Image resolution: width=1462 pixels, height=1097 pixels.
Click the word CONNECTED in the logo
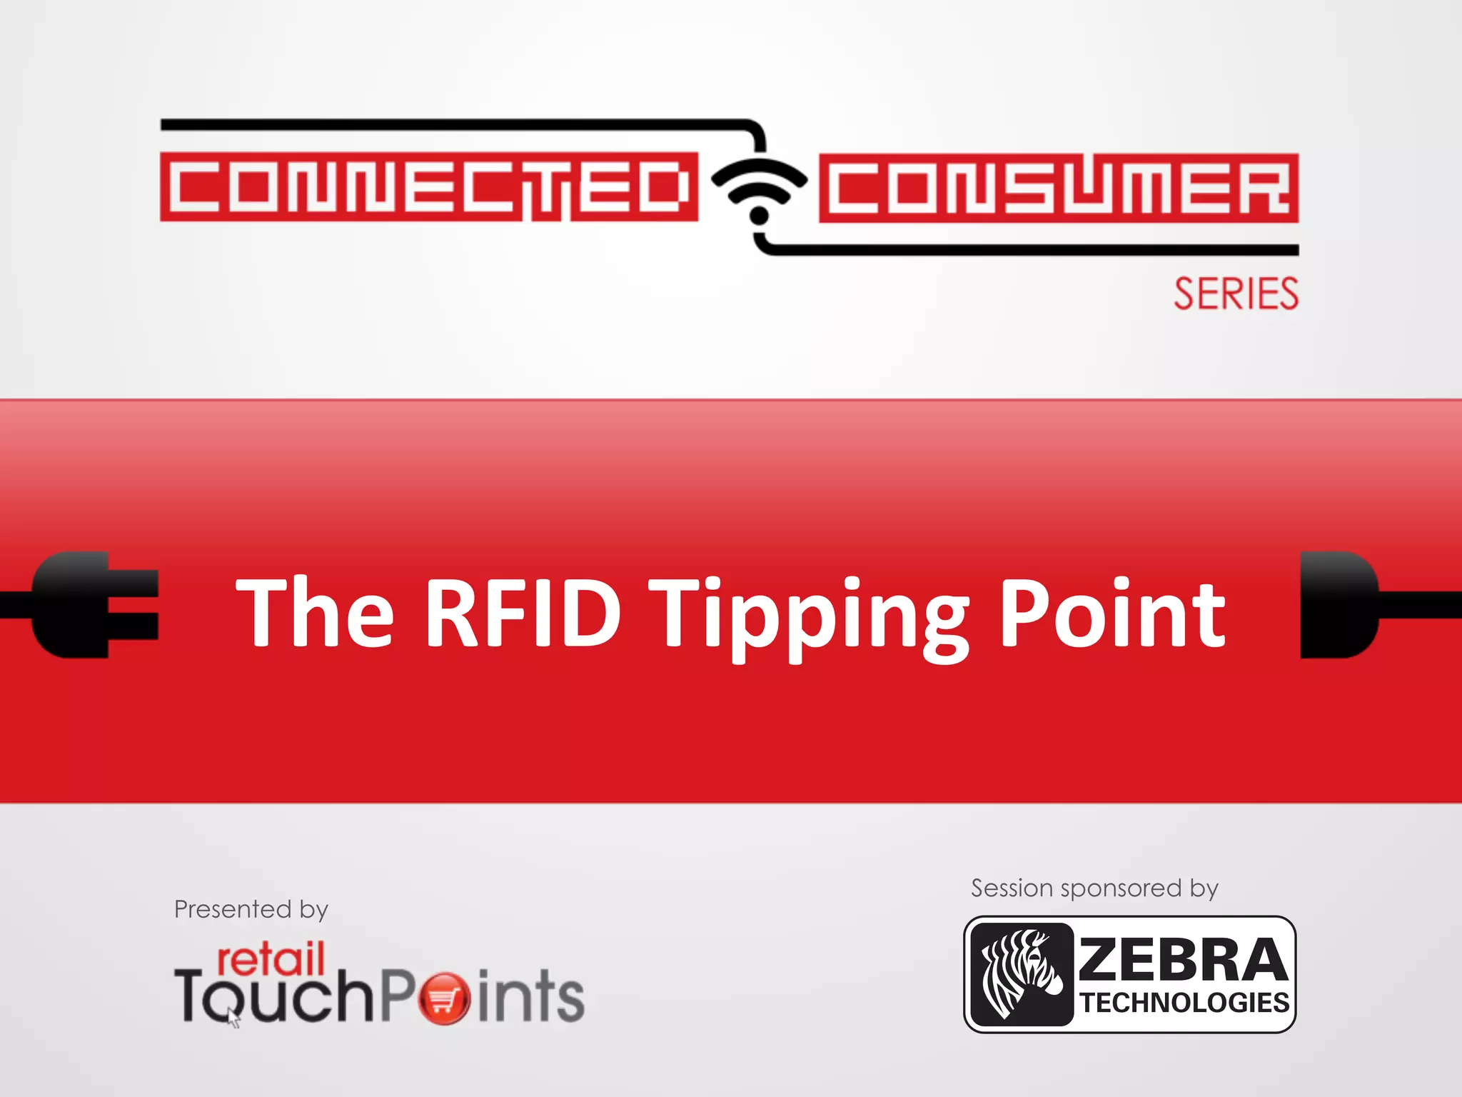[428, 187]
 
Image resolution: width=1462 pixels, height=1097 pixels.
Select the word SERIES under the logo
[1236, 294]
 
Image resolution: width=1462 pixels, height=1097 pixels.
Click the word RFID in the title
[523, 613]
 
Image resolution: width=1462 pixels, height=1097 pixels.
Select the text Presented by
[251, 910]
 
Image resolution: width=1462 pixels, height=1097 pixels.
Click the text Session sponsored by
[1094, 888]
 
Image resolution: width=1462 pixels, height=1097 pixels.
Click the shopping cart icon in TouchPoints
[444, 998]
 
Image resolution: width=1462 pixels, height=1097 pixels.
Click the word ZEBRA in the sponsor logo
[1183, 960]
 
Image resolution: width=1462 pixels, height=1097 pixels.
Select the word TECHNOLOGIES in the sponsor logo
[1184, 1003]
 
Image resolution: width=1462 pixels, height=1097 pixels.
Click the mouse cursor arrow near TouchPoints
[233, 1017]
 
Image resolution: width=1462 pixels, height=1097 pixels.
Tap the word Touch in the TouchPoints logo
[274, 997]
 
